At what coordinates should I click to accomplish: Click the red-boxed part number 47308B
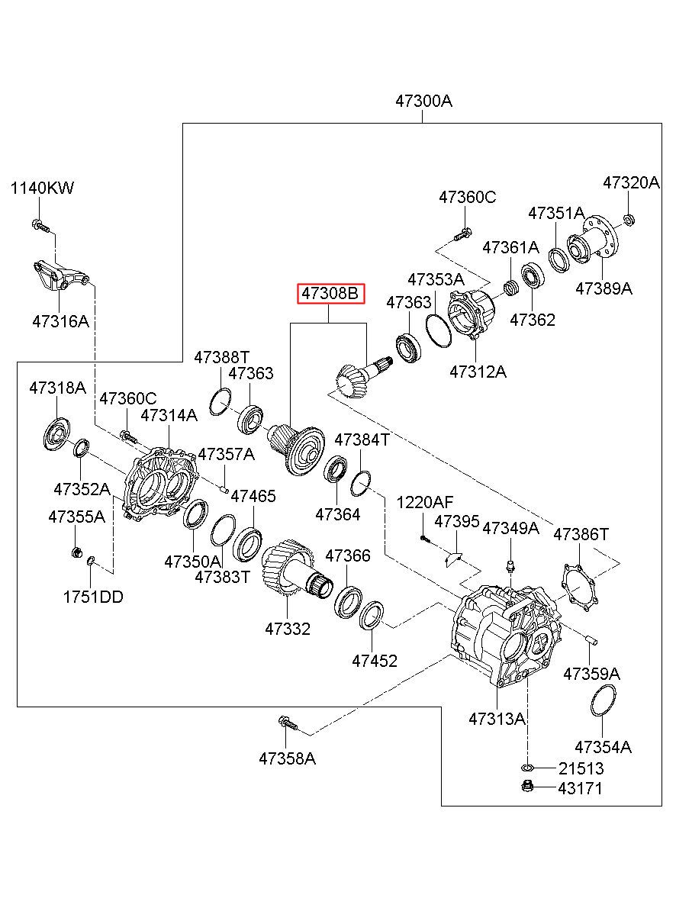(x=331, y=294)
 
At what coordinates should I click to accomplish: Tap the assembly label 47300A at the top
(x=423, y=101)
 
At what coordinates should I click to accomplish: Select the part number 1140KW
(x=42, y=188)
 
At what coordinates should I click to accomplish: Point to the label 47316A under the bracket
(x=60, y=321)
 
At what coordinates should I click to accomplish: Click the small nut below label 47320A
(x=629, y=219)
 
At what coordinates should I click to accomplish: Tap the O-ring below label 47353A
(x=439, y=330)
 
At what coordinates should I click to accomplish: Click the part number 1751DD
(x=93, y=597)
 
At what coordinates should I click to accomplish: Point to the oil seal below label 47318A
(x=56, y=434)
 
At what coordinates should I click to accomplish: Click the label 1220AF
(x=424, y=502)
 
